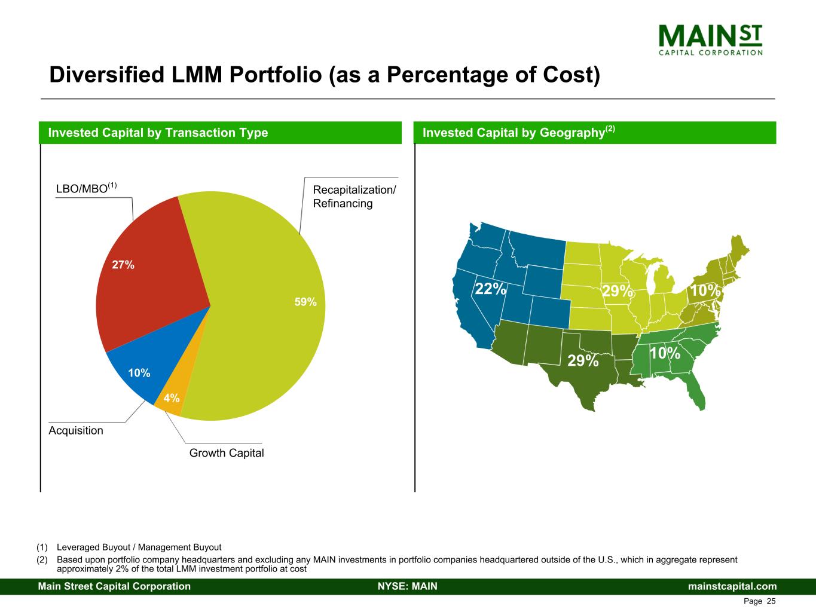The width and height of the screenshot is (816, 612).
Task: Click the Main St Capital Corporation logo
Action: [x=710, y=40]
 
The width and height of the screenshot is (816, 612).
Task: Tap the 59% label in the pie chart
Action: [x=305, y=302]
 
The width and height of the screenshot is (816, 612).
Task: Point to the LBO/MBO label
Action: [x=82, y=188]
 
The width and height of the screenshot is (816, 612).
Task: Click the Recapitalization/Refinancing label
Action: [x=354, y=197]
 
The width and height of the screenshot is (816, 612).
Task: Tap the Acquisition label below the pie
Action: [x=76, y=430]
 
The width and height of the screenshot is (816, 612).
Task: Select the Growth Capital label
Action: [x=227, y=453]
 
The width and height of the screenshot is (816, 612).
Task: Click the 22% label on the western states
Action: [x=490, y=289]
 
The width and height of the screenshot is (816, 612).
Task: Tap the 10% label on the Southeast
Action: [x=665, y=353]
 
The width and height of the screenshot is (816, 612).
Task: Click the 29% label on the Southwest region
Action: [x=583, y=360]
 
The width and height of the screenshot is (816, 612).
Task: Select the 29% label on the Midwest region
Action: [x=617, y=291]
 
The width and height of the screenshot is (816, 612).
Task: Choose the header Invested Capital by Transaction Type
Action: [x=158, y=133]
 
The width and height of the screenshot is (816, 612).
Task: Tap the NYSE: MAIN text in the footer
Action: [x=408, y=586]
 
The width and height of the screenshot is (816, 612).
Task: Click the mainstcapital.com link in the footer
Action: [x=732, y=586]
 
